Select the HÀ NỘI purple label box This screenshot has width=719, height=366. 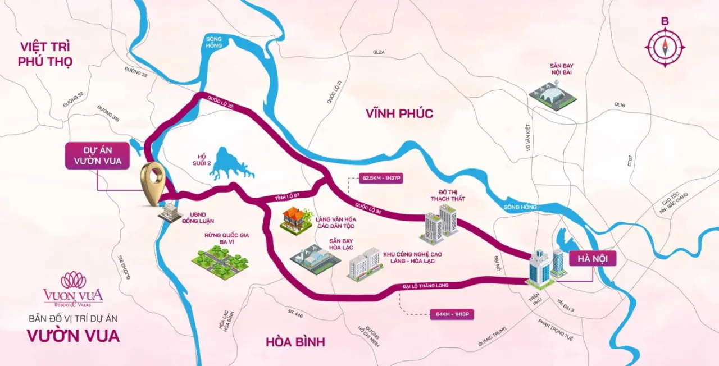593,259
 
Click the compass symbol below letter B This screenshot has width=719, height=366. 665,48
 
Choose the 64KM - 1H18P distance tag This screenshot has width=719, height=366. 451,314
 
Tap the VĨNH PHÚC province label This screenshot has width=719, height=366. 399,113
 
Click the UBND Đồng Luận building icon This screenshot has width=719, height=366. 170,212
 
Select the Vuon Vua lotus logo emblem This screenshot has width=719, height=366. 73,280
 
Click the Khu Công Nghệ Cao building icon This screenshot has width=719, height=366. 365,264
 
